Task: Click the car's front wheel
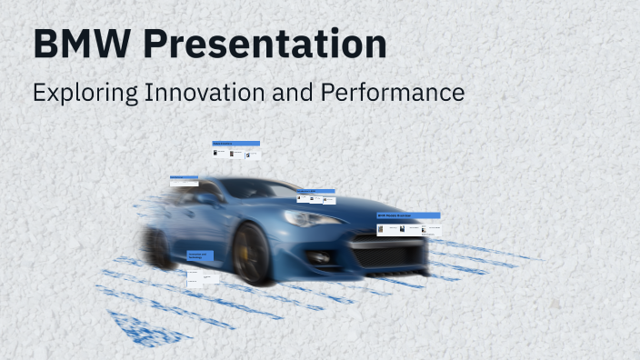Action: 253,254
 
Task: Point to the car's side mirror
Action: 207,199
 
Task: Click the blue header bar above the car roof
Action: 236,144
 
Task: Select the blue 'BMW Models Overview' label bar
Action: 408,215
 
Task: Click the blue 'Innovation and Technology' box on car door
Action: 201,257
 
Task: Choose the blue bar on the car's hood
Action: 315,191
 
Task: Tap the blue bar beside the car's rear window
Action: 184,178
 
